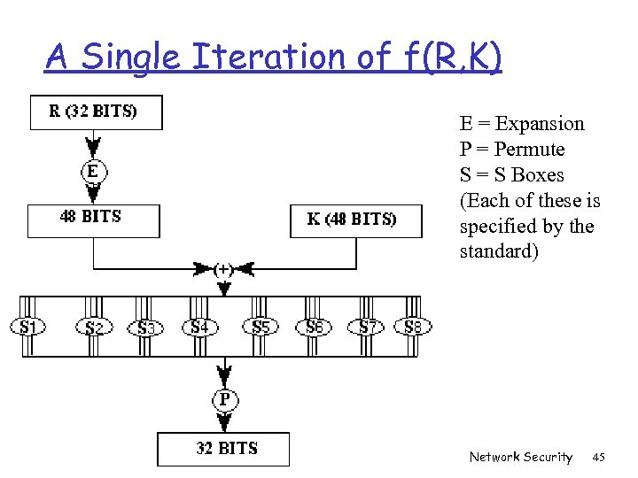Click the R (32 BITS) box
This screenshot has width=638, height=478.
[96, 112]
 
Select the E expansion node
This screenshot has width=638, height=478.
[93, 171]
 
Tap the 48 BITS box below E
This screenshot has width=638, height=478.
[93, 220]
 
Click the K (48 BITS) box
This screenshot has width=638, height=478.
[356, 220]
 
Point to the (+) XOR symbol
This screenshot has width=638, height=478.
[225, 267]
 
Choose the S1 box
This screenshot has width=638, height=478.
[28, 328]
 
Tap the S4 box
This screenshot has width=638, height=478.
[200, 328]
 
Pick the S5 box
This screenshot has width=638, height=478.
[261, 328]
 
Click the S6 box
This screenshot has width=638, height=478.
[315, 328]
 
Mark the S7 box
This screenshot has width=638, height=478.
[368, 328]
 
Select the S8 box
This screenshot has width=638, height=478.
[413, 328]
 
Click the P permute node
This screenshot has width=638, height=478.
[225, 400]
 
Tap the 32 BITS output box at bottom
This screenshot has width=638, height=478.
[223, 449]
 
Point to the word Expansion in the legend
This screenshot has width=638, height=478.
[540, 124]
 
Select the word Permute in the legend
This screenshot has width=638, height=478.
[529, 150]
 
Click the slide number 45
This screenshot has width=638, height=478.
[598, 458]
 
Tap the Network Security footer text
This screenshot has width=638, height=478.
[521, 458]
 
